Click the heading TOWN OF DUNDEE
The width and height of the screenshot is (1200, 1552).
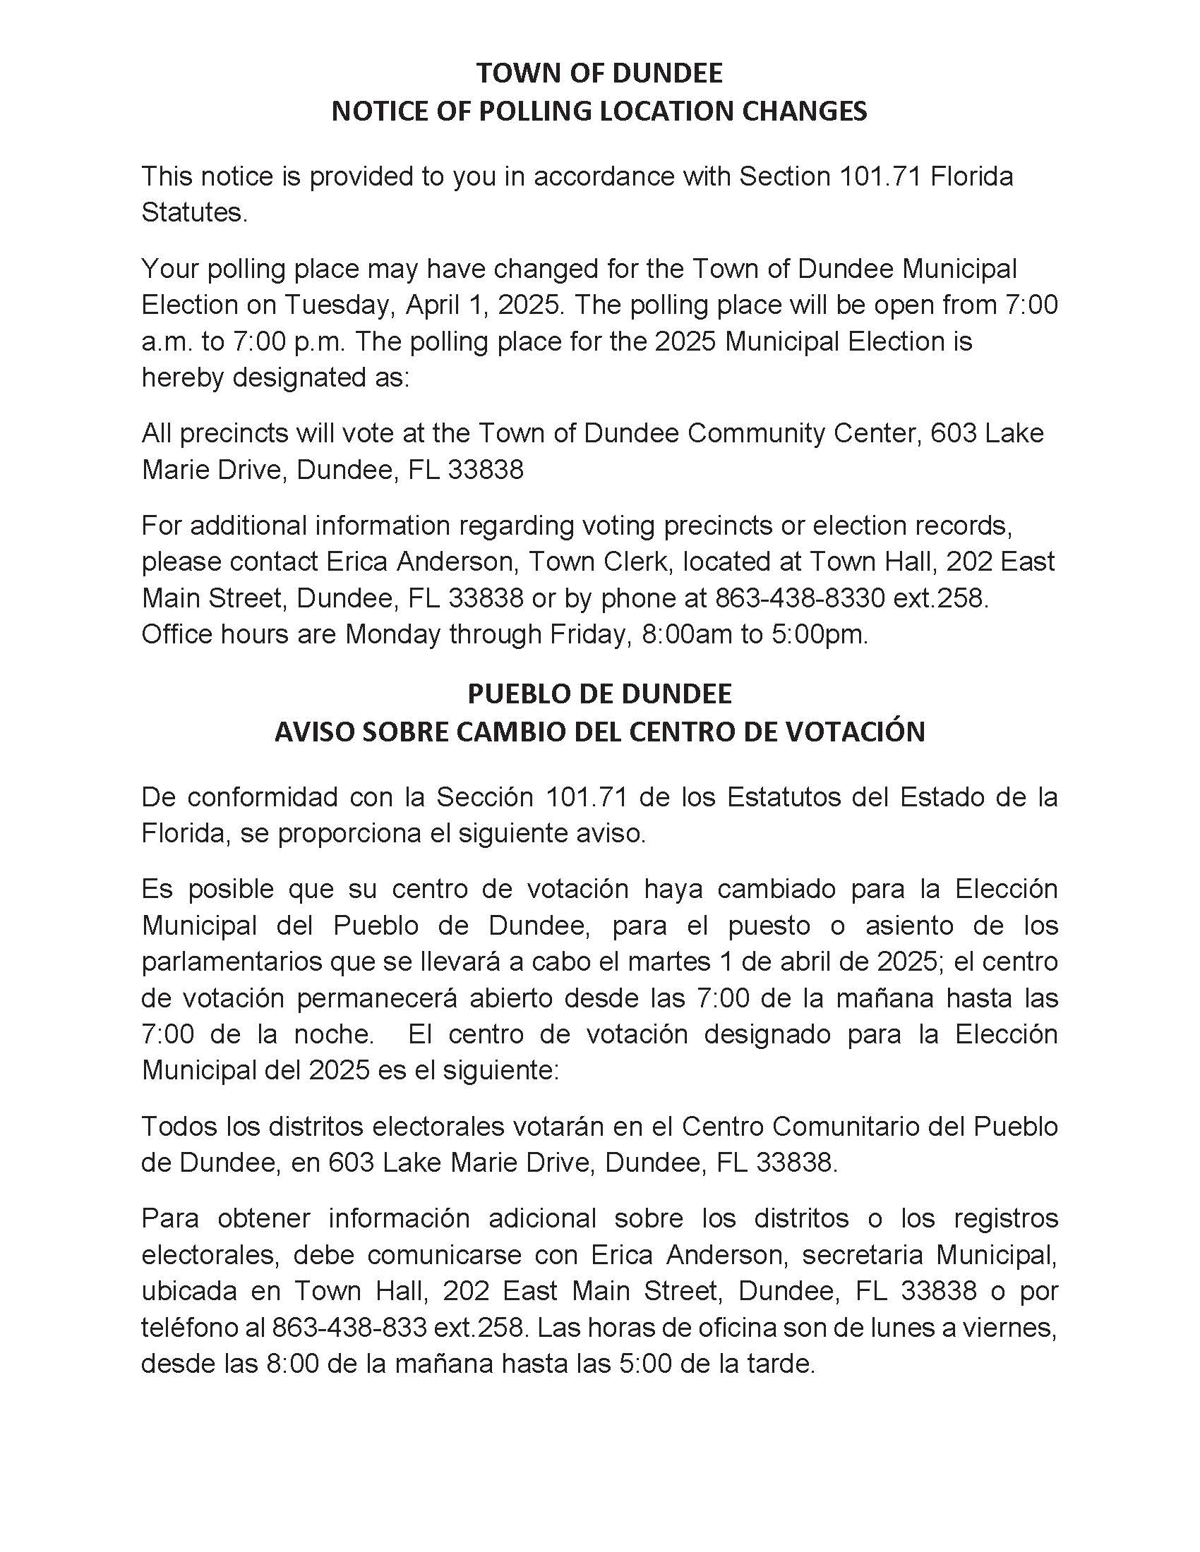(x=599, y=73)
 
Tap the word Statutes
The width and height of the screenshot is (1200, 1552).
(x=193, y=212)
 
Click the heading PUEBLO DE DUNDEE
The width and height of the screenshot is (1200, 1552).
(x=599, y=693)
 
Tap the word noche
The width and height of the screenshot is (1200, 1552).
(x=333, y=1034)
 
